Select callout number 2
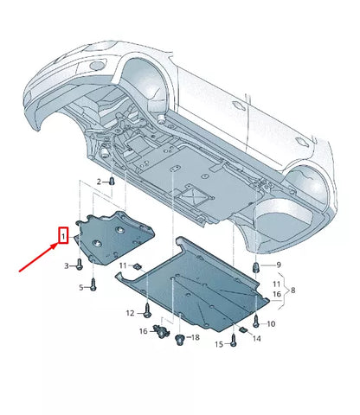[x=100, y=181]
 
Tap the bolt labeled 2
[x=113, y=181]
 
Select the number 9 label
[x=278, y=265]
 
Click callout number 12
[x=130, y=312]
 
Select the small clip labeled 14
[x=244, y=331]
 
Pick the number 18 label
[x=194, y=336]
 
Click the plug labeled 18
[x=179, y=339]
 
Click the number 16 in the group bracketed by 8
[x=279, y=295]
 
